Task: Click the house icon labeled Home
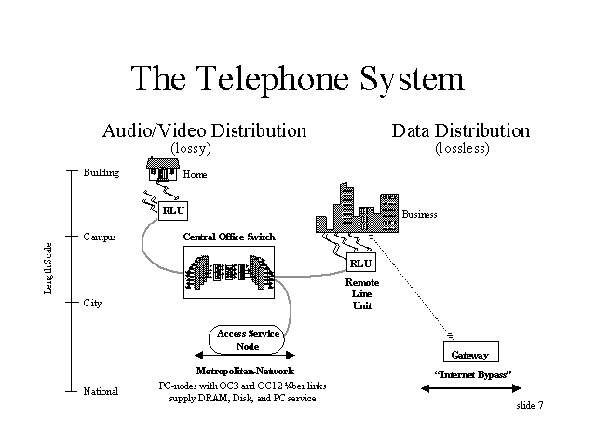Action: [x=163, y=169]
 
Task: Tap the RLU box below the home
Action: [x=173, y=210]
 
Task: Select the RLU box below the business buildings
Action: [x=361, y=263]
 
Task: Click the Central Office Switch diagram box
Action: [x=229, y=272]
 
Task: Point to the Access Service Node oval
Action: [x=247, y=339]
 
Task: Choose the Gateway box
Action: [x=471, y=352]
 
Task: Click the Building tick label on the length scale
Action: [x=102, y=173]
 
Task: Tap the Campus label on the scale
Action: [x=100, y=237]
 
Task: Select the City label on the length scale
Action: [x=93, y=304]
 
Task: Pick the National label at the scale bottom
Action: [x=101, y=391]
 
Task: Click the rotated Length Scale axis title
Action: [x=47, y=268]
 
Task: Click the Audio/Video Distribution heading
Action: [x=205, y=130]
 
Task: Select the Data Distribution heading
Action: [x=461, y=130]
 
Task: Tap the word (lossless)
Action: [x=462, y=148]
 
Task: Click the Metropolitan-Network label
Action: [x=245, y=371]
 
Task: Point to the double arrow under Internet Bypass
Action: [x=471, y=388]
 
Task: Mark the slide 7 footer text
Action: [x=530, y=406]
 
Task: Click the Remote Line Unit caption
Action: [x=362, y=294]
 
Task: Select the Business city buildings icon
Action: [x=358, y=208]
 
